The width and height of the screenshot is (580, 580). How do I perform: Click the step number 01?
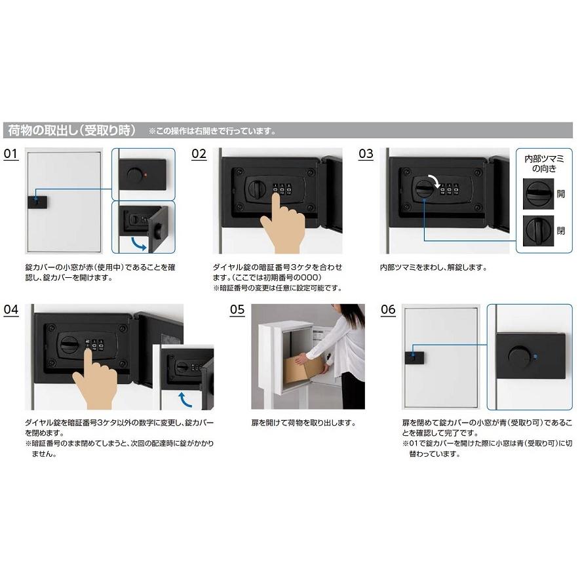[x=10, y=154]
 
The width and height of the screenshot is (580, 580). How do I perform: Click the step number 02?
[x=199, y=154]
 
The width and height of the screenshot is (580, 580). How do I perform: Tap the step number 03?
[x=366, y=154]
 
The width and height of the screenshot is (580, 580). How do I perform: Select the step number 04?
[x=11, y=309]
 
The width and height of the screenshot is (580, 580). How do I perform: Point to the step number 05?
[x=237, y=309]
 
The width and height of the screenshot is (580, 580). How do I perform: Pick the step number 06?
[x=388, y=309]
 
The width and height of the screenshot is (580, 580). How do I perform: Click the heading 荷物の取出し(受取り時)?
[x=71, y=130]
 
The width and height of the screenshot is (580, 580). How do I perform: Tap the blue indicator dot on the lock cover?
[x=536, y=357]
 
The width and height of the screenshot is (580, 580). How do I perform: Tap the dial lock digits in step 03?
[x=449, y=191]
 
